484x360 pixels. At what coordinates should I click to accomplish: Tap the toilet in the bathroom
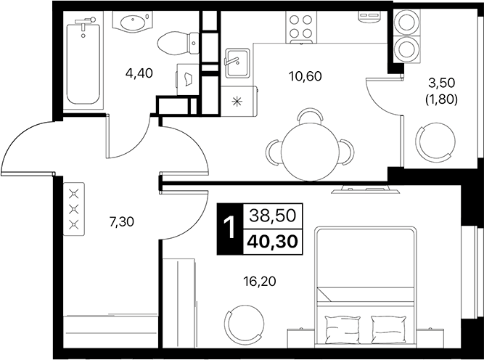tap(175, 43)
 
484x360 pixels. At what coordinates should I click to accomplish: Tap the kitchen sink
tap(236, 62)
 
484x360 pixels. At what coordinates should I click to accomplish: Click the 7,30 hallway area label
tap(120, 223)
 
